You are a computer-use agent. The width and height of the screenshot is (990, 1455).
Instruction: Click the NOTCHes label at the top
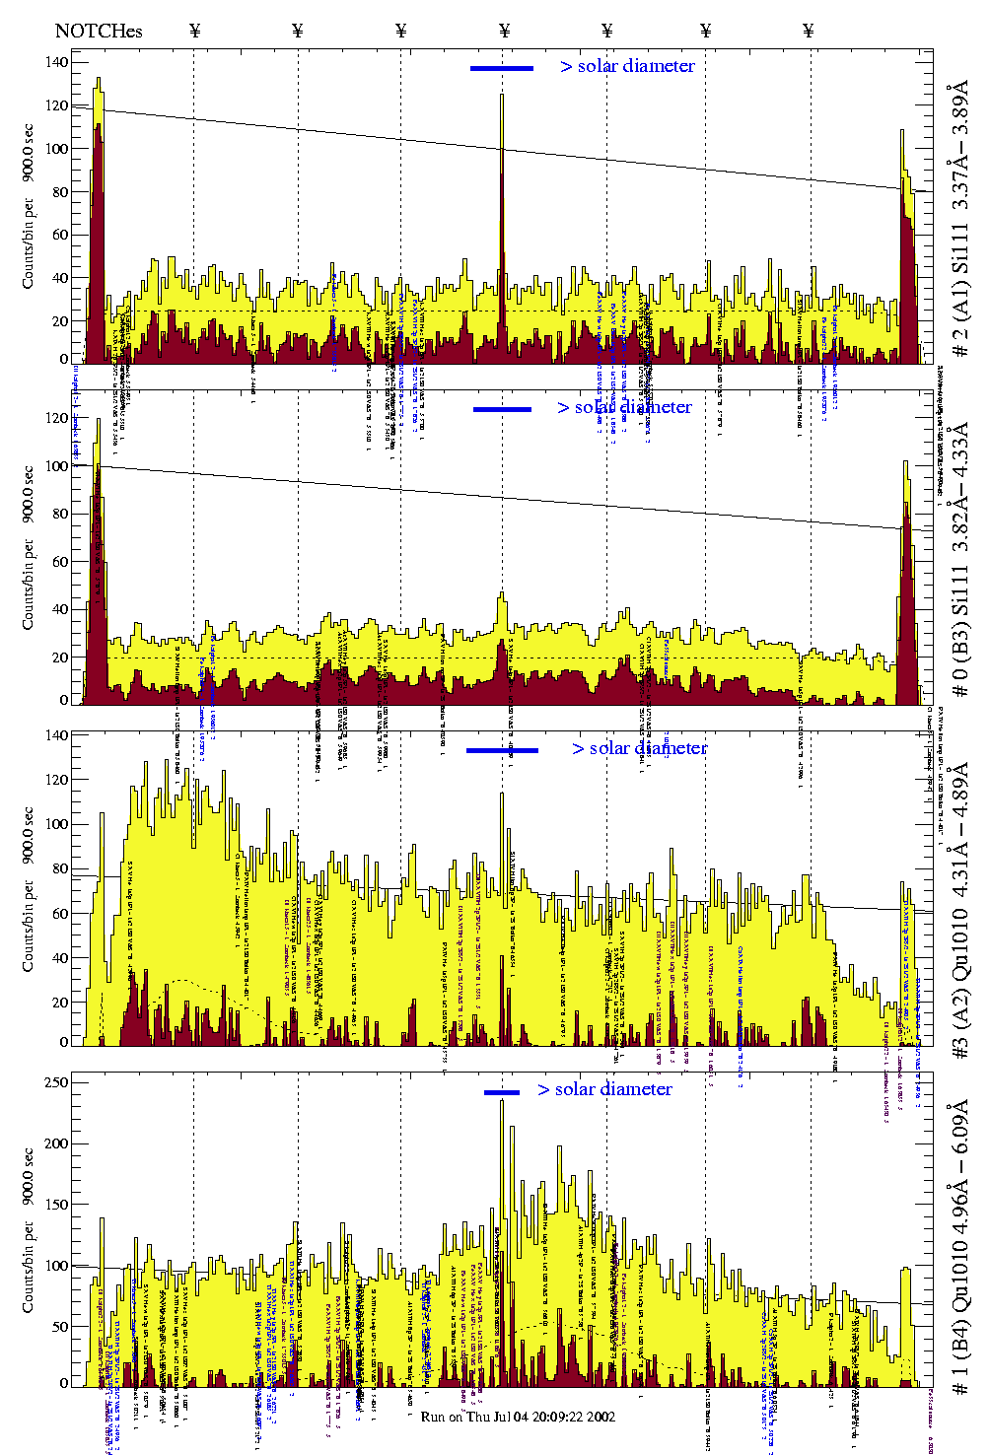(99, 31)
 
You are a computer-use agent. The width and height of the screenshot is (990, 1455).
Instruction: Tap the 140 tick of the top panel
(58, 62)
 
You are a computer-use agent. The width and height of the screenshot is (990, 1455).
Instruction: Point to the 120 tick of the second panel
(58, 418)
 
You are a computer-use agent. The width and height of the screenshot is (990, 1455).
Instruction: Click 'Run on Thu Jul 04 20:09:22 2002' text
(518, 1417)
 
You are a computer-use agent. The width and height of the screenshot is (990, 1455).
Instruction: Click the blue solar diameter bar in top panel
(502, 68)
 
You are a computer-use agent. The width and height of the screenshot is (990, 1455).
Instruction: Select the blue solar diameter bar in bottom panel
(502, 1092)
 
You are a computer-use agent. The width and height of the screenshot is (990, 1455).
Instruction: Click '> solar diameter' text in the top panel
(628, 66)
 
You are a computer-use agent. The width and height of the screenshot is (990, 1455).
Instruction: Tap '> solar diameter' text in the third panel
(640, 748)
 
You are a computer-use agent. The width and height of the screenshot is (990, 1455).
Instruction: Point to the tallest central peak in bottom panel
(502, 1101)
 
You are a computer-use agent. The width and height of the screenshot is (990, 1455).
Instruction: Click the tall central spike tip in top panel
(502, 95)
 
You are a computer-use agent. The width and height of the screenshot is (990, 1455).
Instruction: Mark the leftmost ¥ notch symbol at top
(194, 31)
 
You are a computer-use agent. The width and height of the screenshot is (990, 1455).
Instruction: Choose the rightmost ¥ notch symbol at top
(809, 31)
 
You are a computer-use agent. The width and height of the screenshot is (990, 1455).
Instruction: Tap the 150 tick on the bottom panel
(58, 1205)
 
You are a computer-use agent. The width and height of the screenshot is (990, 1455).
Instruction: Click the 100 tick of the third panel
(58, 824)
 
